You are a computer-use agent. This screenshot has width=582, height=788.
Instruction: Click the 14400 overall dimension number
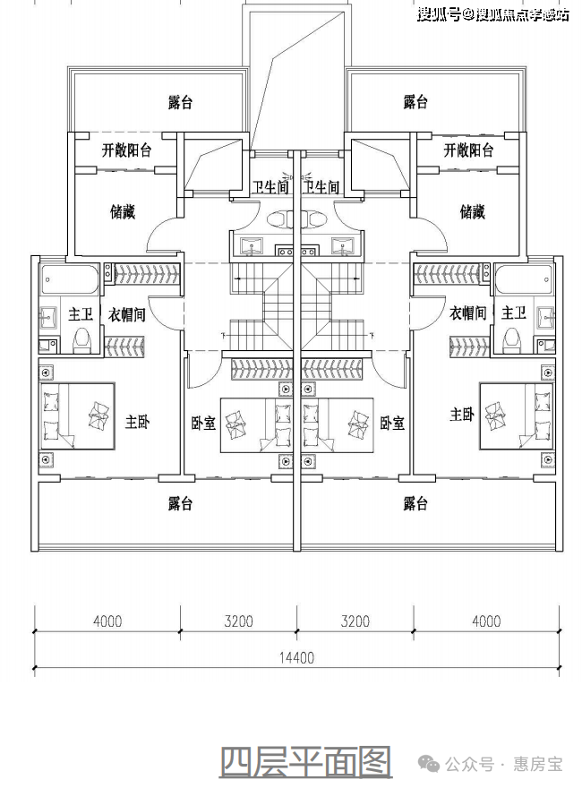pos(296,657)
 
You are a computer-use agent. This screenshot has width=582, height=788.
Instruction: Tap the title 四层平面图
pos(305,763)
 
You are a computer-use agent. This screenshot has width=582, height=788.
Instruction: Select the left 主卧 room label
pos(137,422)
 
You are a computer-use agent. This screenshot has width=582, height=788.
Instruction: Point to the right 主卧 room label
pos(461,414)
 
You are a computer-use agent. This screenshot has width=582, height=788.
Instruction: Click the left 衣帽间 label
pos(126,315)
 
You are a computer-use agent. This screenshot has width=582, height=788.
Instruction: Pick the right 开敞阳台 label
pos(468,150)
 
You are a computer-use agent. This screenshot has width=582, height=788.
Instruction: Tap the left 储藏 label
pos(123,211)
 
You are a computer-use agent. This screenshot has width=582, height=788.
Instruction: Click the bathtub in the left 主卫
pos(70,279)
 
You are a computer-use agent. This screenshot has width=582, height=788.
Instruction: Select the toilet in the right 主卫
pos(512,339)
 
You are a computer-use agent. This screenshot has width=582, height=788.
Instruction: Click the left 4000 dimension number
pos(107,621)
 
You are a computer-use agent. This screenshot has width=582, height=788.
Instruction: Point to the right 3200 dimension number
pos(355,621)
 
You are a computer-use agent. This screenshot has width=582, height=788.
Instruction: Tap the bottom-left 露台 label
pos(180,503)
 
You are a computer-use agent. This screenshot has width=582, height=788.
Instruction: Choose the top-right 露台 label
pos(415,102)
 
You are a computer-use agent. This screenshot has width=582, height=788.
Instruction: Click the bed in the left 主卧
pos(77,416)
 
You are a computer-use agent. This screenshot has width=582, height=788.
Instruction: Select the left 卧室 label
pos(203,424)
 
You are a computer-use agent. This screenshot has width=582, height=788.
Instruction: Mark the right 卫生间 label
pos(321,187)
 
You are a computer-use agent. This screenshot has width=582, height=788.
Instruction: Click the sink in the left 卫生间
pos(252,245)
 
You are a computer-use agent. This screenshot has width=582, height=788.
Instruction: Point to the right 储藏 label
pos(473,211)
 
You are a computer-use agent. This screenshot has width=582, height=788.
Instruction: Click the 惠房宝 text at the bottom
pos(537,765)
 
